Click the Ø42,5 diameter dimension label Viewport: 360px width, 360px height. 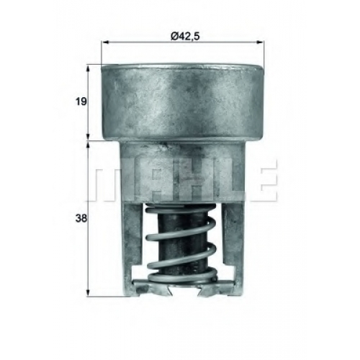click(x=185, y=36)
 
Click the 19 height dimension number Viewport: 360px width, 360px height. click(x=81, y=102)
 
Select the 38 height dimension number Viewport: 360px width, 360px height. click(x=81, y=219)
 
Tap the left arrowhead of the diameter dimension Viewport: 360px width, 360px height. click(x=105, y=42)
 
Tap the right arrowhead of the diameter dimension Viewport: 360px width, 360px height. click(x=260, y=42)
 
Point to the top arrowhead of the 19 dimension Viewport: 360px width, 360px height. click(x=89, y=68)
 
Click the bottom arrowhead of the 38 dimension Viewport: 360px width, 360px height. click(x=89, y=292)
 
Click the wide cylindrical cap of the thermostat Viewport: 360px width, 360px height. click(x=182, y=102)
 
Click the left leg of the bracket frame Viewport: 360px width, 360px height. click(x=132, y=247)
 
